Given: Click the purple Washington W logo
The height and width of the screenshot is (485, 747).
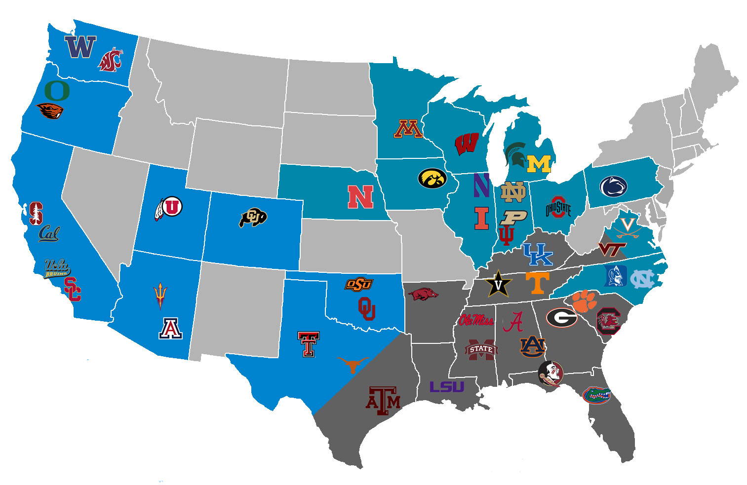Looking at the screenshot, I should (x=80, y=47).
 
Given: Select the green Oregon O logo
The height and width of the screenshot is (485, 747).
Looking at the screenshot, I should (x=57, y=90).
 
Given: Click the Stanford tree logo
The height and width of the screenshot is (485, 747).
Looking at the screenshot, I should (x=35, y=213).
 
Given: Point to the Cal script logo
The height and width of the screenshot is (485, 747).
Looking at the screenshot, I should (x=49, y=233).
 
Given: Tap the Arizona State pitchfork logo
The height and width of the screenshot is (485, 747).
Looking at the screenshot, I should (x=159, y=295).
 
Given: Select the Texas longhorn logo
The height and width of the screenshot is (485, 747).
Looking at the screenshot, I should (x=353, y=364).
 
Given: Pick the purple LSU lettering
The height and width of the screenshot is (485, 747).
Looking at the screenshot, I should (x=447, y=387).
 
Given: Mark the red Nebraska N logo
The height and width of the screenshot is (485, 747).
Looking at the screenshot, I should (x=360, y=197).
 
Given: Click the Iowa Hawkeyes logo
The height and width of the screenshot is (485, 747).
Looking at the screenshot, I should (x=432, y=178).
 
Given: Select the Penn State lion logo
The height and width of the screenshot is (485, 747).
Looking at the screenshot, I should (x=613, y=187).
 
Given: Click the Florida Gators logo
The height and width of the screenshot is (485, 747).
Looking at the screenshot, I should (x=596, y=394).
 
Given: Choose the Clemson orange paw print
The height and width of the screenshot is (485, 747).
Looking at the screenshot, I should (x=584, y=300).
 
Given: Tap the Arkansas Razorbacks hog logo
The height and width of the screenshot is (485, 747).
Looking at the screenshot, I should (x=423, y=295).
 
